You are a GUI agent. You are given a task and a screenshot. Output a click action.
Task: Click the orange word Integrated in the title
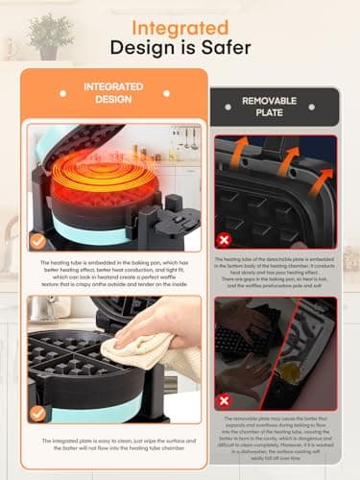click(180, 28)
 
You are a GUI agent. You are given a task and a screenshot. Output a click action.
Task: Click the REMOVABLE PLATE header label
click(276, 106)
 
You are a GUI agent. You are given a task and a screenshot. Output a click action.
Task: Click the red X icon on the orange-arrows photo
click(225, 240)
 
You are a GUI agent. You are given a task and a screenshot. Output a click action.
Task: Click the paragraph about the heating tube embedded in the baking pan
click(114, 273)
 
